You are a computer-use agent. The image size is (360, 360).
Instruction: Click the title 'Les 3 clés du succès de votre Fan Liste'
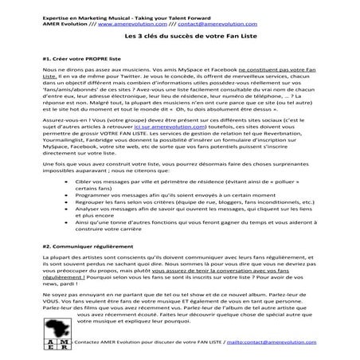pos(179,38)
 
